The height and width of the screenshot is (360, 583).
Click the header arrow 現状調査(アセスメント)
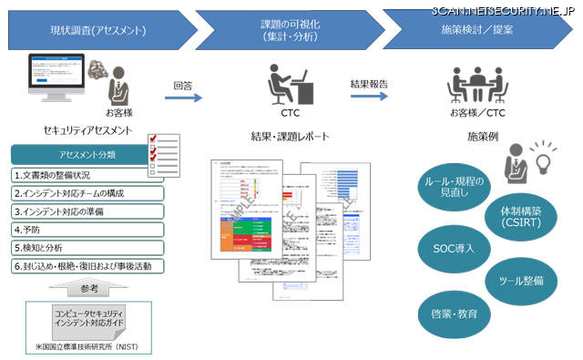(x=96, y=30)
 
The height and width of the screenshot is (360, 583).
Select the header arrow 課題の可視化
(x=290, y=30)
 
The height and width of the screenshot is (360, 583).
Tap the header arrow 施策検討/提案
(x=478, y=30)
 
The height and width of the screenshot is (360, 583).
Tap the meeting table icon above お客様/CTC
(x=478, y=87)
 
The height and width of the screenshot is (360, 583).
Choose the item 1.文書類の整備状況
(x=87, y=175)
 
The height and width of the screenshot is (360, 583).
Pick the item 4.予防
(x=87, y=230)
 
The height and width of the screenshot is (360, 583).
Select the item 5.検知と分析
(x=87, y=248)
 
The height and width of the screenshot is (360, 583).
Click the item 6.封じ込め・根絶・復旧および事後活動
(x=87, y=266)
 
